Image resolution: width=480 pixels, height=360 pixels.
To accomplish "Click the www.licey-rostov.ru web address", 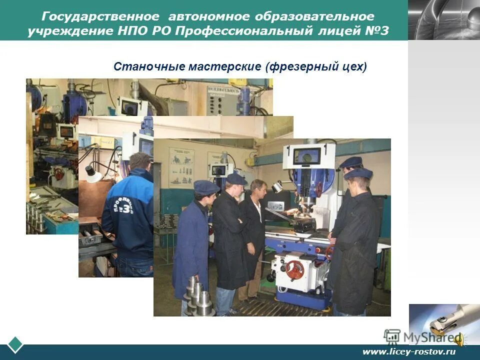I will click(409, 351).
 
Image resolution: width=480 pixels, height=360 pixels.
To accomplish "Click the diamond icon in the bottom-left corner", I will click(15, 345).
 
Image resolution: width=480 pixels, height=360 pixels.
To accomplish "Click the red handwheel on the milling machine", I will click(294, 270).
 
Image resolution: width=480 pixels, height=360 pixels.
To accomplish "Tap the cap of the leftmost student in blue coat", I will click(206, 187).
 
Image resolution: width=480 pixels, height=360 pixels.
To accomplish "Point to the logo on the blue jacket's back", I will click(123, 203).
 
